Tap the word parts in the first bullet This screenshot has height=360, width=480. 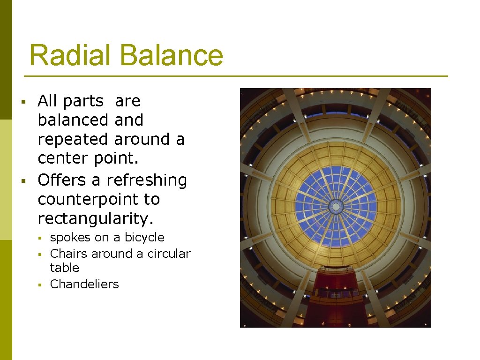click(83, 101)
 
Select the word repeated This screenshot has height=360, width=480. click(74, 140)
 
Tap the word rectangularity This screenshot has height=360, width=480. click(95, 219)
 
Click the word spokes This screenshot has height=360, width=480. click(70, 238)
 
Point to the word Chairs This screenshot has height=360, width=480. click(69, 254)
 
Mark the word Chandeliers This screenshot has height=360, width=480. click(84, 284)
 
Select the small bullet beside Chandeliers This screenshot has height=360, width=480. click(41, 285)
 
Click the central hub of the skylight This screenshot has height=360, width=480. click(336, 206)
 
